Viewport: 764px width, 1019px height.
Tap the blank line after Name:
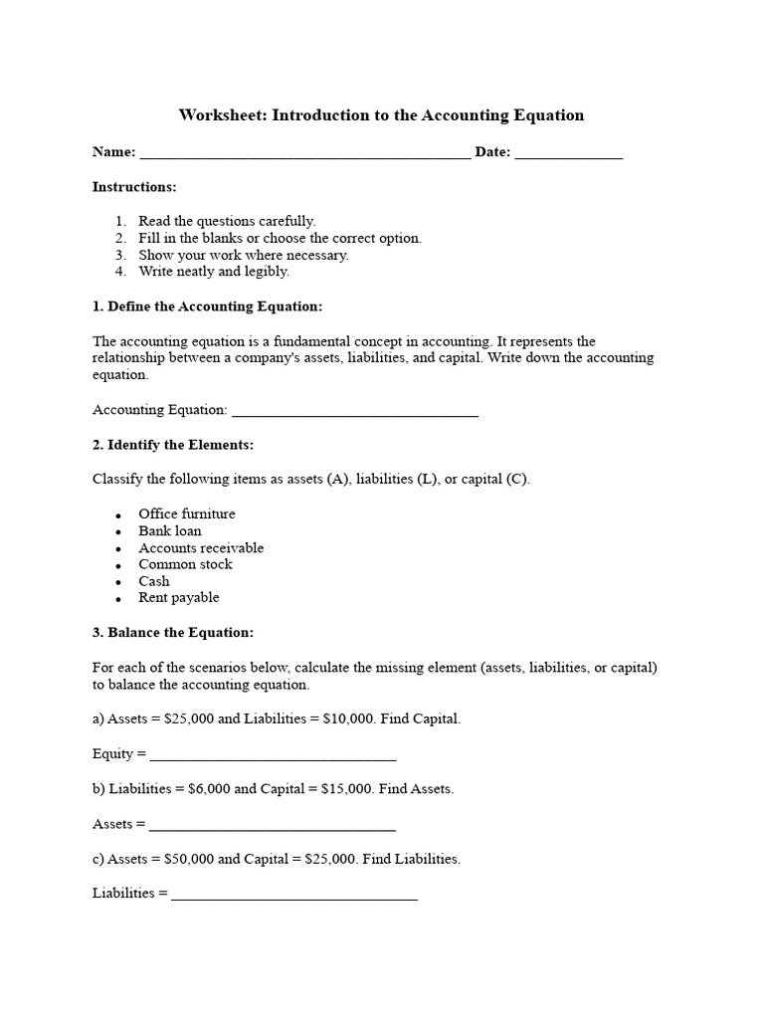pos(305,155)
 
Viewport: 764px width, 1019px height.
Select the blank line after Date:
pos(569,155)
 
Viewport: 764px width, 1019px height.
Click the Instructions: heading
pos(134,187)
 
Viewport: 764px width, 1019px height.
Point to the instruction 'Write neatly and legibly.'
pos(214,271)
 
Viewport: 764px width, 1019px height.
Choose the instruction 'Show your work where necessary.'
pos(244,255)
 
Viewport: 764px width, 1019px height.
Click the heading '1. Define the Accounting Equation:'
pos(207,306)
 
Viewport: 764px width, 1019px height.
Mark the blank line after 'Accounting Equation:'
pos(354,413)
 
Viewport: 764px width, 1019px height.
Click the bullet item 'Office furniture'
pos(187,514)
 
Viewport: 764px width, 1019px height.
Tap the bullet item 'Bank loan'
pos(170,531)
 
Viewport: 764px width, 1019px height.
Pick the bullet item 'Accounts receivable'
pos(201,548)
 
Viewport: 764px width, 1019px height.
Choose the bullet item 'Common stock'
pos(185,564)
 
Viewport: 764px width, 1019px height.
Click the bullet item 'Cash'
pos(154,581)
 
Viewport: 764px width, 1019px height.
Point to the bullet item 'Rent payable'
pos(179,598)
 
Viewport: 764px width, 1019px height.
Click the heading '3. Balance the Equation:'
pos(173,633)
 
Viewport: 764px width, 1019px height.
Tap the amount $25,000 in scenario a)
pos(186,719)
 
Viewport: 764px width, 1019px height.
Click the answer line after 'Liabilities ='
pos(294,897)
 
